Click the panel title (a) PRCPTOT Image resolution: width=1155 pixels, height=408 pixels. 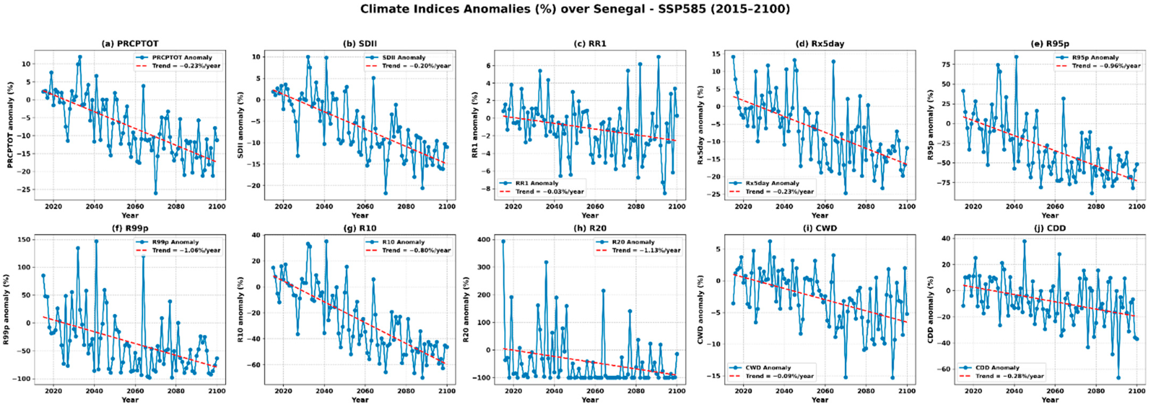(130, 43)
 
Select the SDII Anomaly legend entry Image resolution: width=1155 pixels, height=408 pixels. (404, 58)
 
